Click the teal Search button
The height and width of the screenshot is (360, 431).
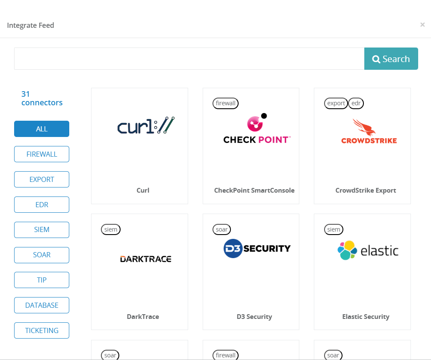391,59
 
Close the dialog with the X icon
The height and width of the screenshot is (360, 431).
422,25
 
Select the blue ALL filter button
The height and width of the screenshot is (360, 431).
41,129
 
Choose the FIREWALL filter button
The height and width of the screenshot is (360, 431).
41,154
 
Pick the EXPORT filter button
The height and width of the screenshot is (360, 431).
41,179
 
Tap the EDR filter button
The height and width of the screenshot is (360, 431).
41,205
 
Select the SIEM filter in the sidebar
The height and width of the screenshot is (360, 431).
41,229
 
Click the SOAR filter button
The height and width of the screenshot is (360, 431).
41,255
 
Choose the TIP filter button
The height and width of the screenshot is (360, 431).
41,280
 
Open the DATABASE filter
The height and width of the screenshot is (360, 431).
41,305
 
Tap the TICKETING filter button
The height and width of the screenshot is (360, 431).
41,330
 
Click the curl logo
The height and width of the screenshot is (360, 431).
146,125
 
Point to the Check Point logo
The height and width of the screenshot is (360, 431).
257,129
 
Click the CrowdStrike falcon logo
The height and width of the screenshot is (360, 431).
364,127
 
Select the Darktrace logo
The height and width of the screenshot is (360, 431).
145,259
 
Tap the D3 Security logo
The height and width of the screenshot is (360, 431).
257,248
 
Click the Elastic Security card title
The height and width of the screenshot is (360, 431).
366,317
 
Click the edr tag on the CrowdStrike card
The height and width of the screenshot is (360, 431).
356,103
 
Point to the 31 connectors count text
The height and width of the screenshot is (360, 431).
42,98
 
